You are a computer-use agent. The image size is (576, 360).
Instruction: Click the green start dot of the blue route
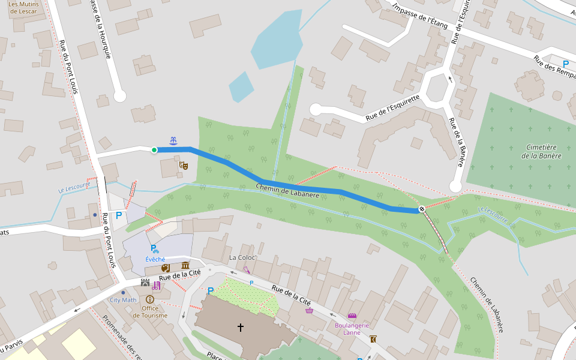click(x=154, y=150)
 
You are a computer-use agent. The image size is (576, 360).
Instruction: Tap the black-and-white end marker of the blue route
click(x=422, y=209)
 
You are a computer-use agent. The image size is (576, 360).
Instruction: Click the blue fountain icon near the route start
click(x=173, y=140)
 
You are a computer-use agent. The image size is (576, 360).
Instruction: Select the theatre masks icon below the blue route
click(x=184, y=164)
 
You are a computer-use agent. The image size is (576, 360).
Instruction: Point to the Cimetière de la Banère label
click(x=541, y=151)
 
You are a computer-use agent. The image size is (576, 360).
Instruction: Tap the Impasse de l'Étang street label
click(x=419, y=15)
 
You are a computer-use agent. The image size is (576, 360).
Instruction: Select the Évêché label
click(x=155, y=259)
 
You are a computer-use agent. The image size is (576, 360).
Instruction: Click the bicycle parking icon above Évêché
click(x=154, y=248)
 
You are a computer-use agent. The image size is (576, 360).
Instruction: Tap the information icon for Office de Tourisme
click(x=149, y=299)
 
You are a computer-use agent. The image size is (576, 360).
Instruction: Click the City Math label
click(x=123, y=299)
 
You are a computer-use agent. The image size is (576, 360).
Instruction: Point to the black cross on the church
click(x=241, y=327)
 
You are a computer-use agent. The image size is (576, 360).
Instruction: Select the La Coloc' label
click(x=242, y=257)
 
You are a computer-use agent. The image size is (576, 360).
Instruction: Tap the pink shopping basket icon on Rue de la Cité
click(x=309, y=310)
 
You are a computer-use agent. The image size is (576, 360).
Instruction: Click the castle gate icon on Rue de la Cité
click(x=145, y=283)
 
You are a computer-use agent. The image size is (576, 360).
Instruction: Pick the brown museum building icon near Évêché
click(x=185, y=266)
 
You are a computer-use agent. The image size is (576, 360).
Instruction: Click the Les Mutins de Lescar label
click(x=23, y=7)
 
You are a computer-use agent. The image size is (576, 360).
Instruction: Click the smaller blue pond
click(x=241, y=87)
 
